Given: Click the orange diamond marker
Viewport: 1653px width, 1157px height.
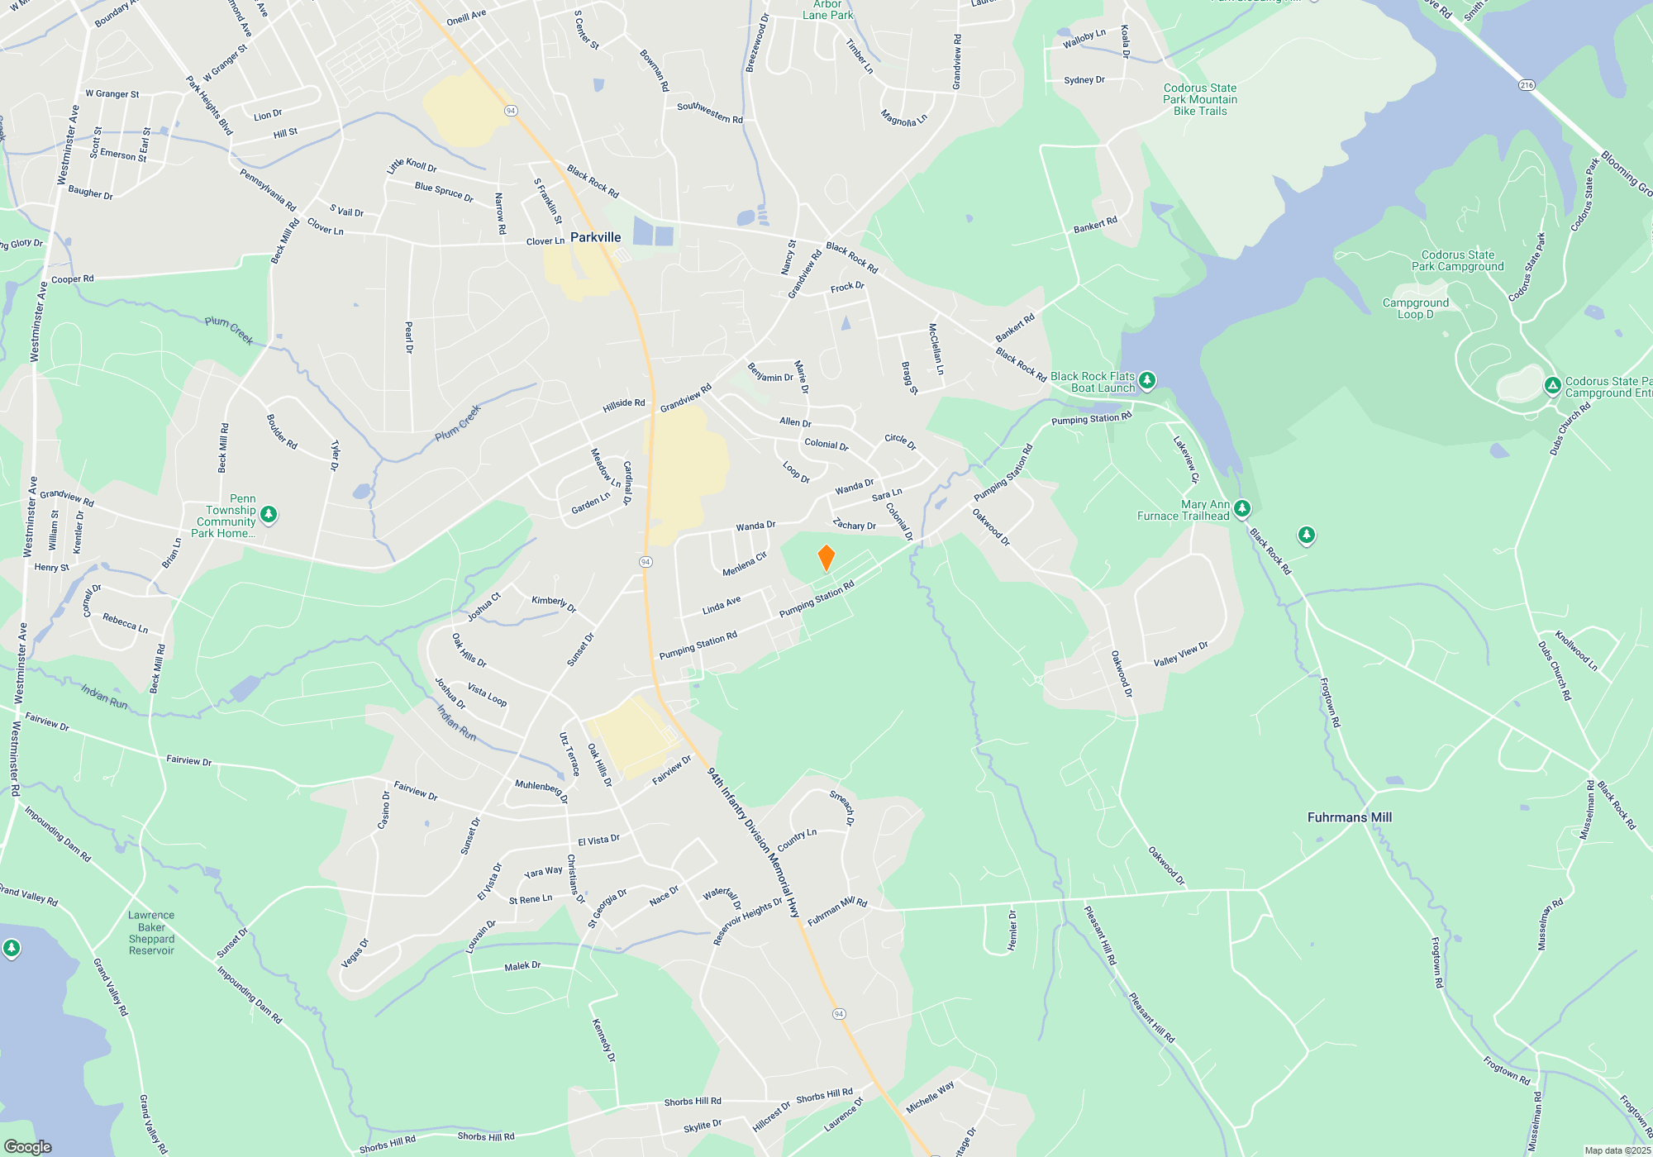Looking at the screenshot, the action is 826,558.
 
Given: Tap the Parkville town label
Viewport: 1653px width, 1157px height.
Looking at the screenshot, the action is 595,237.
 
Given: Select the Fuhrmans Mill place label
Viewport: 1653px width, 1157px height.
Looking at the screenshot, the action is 1349,817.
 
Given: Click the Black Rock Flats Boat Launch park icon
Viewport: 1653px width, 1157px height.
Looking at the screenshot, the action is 1146,380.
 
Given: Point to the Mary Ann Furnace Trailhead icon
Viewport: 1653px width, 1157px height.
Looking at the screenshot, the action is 1241,508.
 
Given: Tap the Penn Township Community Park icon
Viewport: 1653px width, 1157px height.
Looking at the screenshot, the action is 268,515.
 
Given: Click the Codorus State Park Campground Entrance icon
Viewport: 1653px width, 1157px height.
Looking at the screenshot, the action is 1552,386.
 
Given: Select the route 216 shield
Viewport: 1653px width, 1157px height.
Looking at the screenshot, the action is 1526,85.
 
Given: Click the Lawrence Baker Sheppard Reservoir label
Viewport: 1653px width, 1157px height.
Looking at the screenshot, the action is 151,933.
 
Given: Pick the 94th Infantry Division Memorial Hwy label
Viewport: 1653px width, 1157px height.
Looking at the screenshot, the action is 754,843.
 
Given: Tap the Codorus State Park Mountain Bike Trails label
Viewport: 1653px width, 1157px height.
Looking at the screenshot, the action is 1200,99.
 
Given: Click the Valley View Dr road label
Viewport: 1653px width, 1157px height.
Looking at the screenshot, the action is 1180,654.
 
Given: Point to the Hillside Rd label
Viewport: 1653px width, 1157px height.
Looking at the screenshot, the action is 623,404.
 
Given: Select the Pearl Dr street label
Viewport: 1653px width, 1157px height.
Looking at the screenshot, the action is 409,337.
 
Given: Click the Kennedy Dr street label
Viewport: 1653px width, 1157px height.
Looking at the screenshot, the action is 603,1040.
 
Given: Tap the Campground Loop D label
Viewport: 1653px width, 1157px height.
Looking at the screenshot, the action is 1415,308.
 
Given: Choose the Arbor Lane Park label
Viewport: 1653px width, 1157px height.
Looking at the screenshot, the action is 827,11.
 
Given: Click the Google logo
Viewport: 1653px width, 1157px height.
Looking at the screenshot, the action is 28,1147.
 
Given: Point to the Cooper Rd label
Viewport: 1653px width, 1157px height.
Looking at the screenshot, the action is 73,279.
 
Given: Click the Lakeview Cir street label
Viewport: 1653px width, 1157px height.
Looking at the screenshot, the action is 1185,459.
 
